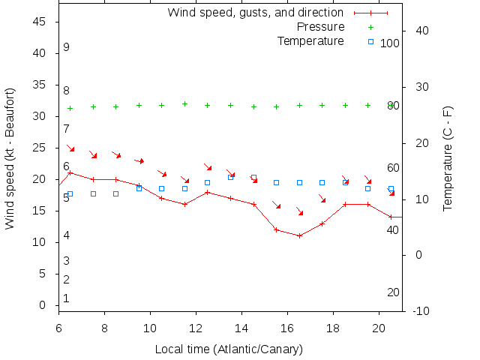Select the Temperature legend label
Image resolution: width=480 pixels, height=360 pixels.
click(x=310, y=40)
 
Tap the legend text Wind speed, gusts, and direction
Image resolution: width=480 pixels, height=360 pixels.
click(x=256, y=13)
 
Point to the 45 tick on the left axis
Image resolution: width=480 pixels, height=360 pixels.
click(x=41, y=22)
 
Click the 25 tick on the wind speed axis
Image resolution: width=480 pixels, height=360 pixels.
click(x=41, y=148)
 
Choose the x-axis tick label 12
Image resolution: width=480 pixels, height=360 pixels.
click(x=196, y=327)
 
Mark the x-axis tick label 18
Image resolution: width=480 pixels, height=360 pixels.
click(x=333, y=327)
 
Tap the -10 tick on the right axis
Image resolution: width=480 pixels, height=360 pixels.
click(x=421, y=311)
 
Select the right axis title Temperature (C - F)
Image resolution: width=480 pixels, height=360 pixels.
click(x=448, y=157)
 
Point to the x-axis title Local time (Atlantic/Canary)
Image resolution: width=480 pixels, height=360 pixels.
click(x=229, y=349)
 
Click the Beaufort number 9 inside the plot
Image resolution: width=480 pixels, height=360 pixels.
click(x=67, y=47)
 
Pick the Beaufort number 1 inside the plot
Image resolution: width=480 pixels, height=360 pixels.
click(x=67, y=298)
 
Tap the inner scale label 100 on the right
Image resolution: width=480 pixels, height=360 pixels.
click(x=389, y=43)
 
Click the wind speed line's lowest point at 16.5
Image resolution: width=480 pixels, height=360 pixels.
click(x=299, y=235)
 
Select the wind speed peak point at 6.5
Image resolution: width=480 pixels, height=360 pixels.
click(x=70, y=172)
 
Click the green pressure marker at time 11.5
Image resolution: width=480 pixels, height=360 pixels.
click(x=184, y=104)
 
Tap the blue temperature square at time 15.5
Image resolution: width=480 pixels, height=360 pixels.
click(x=276, y=182)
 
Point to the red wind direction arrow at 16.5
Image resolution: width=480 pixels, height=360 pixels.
click(x=299, y=211)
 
